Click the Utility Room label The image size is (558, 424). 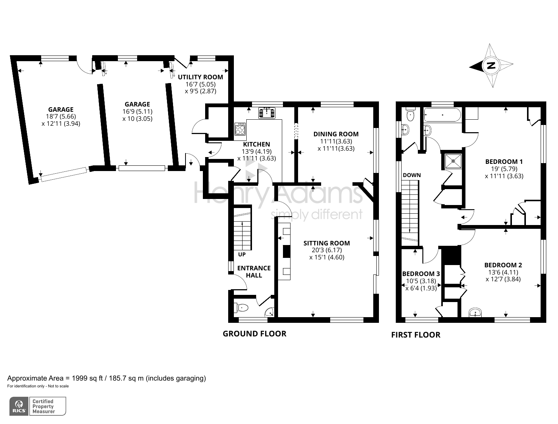200,77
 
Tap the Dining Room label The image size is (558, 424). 336,134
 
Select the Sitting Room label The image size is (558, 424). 326,243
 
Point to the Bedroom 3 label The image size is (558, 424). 421,274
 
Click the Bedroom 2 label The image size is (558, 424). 503,265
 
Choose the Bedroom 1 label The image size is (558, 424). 504,162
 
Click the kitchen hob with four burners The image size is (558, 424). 240,129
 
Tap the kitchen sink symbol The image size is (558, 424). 267,113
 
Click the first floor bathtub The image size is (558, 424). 442,114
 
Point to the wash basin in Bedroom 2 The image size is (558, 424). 475,313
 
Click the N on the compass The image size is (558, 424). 491,66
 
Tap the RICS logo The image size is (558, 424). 19,406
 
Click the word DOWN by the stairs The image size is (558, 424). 412,175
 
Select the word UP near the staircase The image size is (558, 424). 242,254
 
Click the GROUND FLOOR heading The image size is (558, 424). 254,334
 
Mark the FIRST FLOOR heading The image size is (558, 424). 416,335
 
